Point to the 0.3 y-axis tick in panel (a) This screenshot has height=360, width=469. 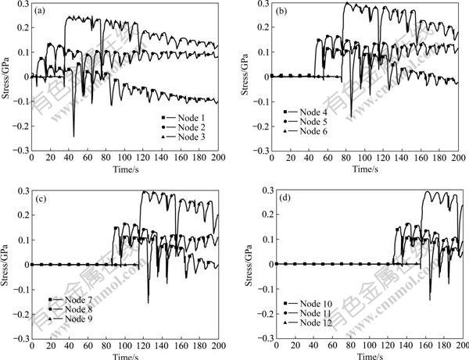pos(20,5)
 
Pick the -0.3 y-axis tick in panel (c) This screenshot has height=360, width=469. pos(19,339)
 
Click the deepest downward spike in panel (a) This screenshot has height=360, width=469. pos(73,136)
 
